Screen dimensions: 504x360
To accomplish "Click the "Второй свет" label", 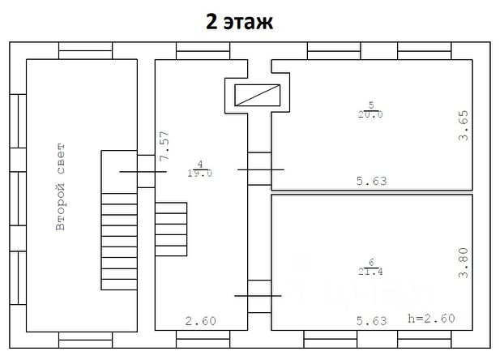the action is pyautogui.click(x=61, y=188).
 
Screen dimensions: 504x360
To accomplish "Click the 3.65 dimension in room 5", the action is pyautogui.click(x=463, y=126).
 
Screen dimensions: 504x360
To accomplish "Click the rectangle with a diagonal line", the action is pyautogui.click(x=257, y=96).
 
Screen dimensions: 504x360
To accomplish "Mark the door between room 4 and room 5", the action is pyautogui.click(x=259, y=169).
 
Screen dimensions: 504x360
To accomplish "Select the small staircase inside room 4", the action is pyautogui.click(x=170, y=219).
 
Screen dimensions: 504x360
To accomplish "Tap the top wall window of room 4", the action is pyautogui.click(x=203, y=54).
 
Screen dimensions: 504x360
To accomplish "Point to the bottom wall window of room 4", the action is pyautogui.click(x=203, y=335).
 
